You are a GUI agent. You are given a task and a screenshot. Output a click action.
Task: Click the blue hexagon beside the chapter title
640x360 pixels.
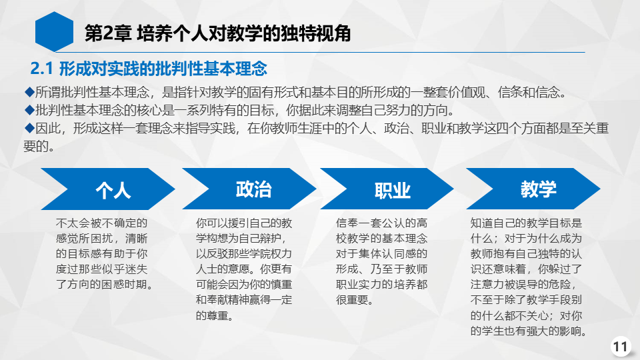(x=54, y=31)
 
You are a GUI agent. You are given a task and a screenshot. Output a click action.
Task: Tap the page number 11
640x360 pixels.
(x=621, y=347)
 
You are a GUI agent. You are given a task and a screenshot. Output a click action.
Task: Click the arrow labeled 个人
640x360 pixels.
(x=108, y=189)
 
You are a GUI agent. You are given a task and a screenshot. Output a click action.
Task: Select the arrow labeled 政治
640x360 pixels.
(x=249, y=189)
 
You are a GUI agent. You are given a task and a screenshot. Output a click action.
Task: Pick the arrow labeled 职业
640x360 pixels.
(x=387, y=189)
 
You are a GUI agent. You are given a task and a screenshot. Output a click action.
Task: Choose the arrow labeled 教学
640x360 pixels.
(x=533, y=189)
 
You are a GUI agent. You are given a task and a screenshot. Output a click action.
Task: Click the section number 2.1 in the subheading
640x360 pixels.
(x=41, y=69)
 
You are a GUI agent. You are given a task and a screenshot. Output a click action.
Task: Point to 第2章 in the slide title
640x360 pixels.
(x=108, y=33)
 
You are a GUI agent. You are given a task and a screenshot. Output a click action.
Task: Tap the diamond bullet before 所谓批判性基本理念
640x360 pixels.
(x=29, y=92)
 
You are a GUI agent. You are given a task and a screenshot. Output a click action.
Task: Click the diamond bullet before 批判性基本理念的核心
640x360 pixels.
(x=29, y=110)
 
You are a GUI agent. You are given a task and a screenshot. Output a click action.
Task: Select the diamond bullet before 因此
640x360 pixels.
(x=29, y=128)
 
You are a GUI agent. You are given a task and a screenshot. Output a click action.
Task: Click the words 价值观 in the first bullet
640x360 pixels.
(x=467, y=92)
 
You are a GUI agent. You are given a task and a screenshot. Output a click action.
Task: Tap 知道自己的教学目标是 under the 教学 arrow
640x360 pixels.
(x=526, y=223)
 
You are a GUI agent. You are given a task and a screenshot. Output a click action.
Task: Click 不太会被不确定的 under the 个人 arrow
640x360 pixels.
(x=101, y=223)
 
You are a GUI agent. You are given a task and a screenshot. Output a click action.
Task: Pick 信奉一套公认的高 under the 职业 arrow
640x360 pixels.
(x=381, y=223)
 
